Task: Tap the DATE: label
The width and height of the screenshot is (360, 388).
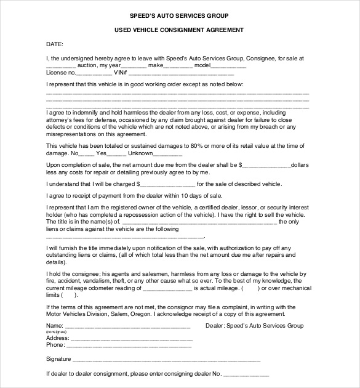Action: tap(54, 44)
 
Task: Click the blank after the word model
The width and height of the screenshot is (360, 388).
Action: tap(228, 65)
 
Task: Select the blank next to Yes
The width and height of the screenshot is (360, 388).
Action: tap(118, 153)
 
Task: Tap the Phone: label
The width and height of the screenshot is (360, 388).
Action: tap(55, 346)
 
